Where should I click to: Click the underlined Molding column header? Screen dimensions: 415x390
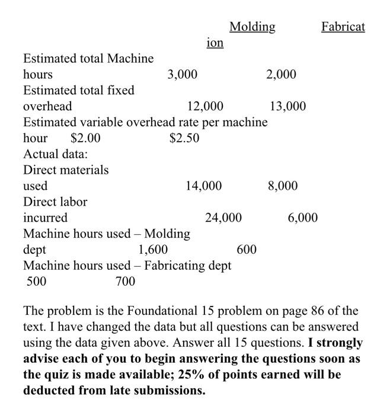point(252,27)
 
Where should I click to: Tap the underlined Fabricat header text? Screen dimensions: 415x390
point(343,27)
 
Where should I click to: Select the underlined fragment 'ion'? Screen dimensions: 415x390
point(215,43)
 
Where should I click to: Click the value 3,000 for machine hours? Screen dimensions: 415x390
point(183,75)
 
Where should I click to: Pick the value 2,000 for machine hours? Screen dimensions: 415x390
point(281,75)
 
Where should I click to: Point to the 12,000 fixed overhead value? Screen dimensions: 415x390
point(205,107)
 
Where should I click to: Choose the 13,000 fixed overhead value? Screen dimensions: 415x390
point(287,107)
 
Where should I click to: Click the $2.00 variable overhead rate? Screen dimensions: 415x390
point(85,138)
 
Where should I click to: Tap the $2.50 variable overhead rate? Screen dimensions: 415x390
point(184,138)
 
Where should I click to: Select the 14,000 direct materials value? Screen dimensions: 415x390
point(204,186)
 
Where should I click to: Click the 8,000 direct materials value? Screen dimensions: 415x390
point(283,186)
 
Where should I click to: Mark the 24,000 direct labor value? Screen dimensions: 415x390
point(223,218)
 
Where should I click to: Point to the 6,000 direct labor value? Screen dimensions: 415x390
point(303,218)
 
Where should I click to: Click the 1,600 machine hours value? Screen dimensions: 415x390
point(153,250)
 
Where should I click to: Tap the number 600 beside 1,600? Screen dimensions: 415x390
point(247,250)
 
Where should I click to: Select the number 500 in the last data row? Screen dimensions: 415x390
point(37,282)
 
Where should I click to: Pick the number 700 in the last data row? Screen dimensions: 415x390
point(125,282)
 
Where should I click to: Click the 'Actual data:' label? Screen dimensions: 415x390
point(55,154)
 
